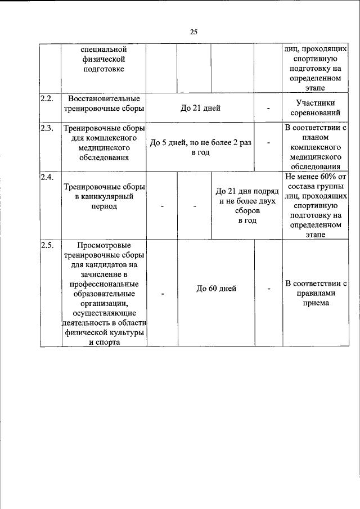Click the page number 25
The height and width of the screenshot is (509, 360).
click(193, 31)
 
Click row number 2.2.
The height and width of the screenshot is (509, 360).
click(47, 98)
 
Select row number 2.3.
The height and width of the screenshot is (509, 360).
click(47, 128)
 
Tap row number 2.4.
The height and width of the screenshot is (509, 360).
click(47, 177)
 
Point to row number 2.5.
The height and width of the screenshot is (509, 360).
click(47, 245)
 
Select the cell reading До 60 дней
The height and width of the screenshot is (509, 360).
click(216, 289)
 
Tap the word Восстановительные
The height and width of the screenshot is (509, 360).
click(104, 98)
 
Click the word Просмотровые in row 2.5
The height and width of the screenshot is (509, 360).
click(104, 245)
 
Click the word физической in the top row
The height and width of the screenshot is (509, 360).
click(104, 59)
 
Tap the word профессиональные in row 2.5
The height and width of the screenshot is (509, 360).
click(104, 284)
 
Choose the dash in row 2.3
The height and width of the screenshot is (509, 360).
click(268, 143)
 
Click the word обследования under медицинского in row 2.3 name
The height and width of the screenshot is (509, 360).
click(104, 157)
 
